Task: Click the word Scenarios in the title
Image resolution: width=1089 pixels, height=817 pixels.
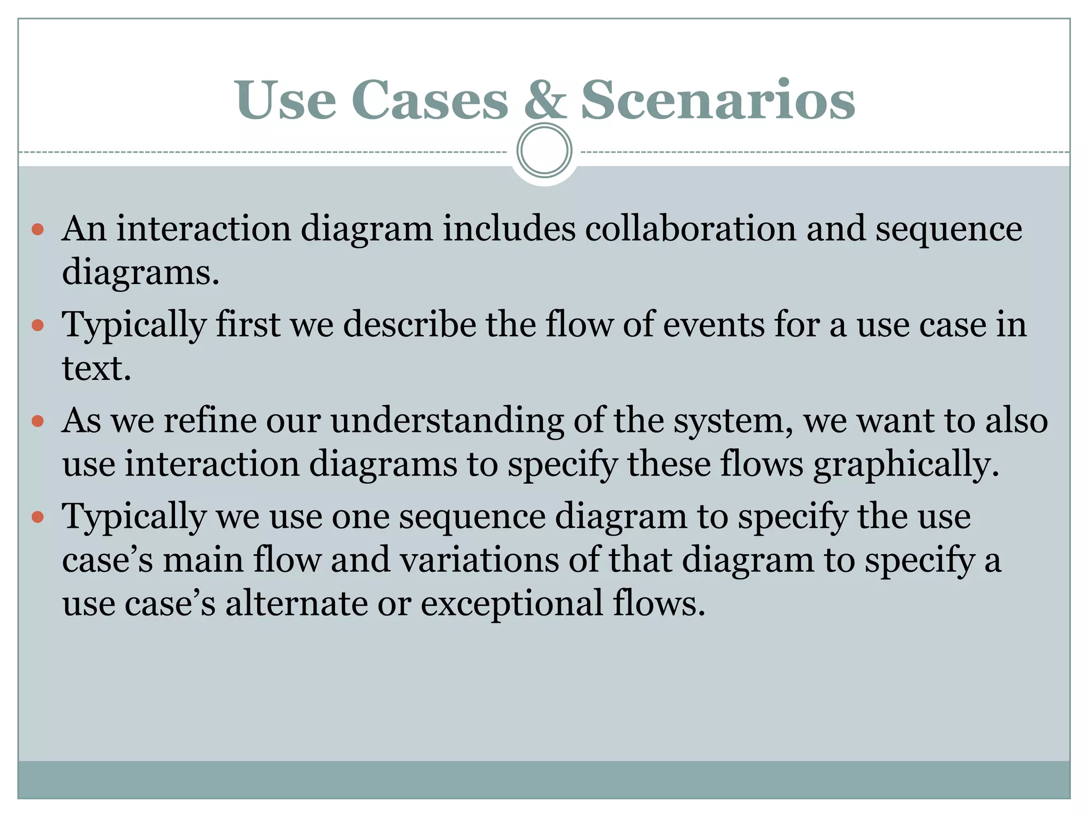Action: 718,100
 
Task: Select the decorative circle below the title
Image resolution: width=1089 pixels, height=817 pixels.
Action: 544,151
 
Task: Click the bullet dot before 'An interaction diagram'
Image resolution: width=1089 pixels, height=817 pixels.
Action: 38,230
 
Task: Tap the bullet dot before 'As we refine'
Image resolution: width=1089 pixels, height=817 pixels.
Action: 38,421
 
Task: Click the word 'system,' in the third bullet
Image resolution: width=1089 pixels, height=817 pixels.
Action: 734,421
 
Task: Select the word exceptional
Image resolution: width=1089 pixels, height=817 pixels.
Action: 512,604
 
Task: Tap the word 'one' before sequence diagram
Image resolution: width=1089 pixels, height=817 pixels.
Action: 361,517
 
